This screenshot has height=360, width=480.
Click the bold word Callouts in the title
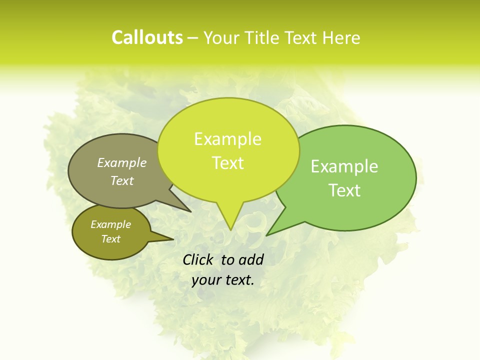coord(147,37)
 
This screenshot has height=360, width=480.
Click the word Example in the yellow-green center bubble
coord(227,139)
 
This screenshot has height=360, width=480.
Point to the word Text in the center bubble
coord(227,163)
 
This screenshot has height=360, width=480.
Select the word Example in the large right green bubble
coord(344,166)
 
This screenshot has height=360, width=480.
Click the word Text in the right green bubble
coord(344,190)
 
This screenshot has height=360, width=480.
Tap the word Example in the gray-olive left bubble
coord(122,162)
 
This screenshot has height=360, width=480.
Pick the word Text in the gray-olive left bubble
coord(122,180)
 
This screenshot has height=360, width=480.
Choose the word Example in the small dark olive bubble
coord(110,224)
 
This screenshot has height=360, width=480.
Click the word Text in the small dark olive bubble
coord(110,239)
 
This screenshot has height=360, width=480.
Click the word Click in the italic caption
coord(198,259)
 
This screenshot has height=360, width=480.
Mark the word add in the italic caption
coord(251,259)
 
